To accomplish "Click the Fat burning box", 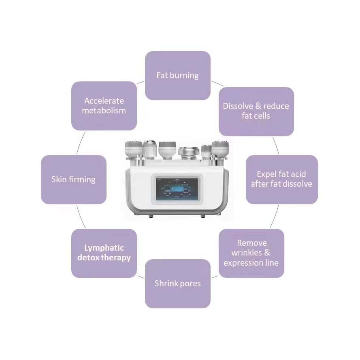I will click(x=177, y=75).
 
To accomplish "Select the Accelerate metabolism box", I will click(x=104, y=106).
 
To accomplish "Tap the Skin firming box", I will click(x=73, y=179).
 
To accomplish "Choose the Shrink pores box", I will click(x=177, y=283).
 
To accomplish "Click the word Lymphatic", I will click(x=104, y=248).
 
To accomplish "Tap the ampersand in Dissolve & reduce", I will click(x=258, y=106).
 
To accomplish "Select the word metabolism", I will click(x=104, y=111).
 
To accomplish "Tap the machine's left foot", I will click(x=151, y=216).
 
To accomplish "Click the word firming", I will click(x=82, y=179).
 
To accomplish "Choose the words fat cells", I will click(x=256, y=116).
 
